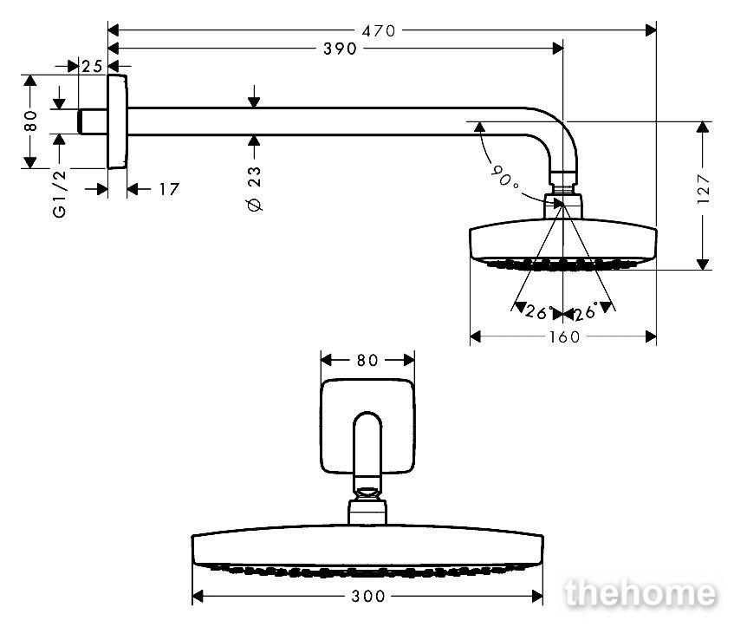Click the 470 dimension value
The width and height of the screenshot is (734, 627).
[x=379, y=31]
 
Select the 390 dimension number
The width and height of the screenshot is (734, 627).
[x=341, y=49]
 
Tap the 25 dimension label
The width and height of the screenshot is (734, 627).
[x=92, y=66]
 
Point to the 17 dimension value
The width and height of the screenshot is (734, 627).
[x=169, y=189]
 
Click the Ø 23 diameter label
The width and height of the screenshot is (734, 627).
[x=255, y=189]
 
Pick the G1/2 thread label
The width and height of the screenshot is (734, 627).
[x=60, y=194]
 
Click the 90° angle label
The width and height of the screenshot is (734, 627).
[x=504, y=176]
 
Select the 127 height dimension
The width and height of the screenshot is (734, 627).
[x=703, y=189]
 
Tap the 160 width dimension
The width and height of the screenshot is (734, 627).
[x=564, y=337]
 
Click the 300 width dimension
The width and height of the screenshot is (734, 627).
[x=368, y=596]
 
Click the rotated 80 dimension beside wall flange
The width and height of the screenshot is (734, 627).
[x=30, y=121]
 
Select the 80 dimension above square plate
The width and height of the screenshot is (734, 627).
[x=367, y=361]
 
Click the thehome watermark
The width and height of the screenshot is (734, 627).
[x=640, y=593]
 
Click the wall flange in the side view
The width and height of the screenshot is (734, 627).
[x=117, y=121]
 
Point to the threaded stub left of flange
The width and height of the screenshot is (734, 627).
[x=93, y=121]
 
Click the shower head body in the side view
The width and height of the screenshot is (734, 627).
[x=563, y=245]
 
